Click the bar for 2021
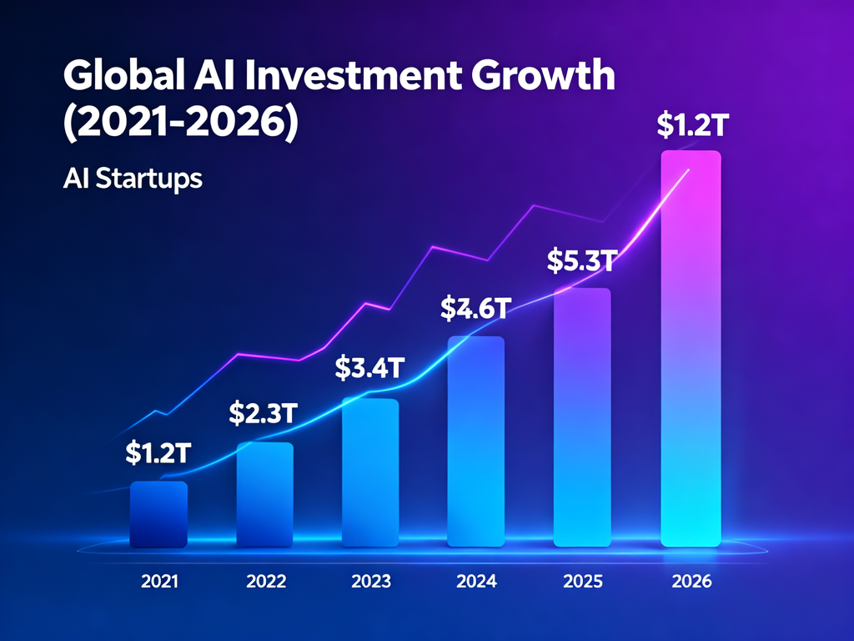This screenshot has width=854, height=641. (x=158, y=514)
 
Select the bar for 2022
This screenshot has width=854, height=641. (x=264, y=495)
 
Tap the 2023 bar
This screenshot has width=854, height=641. (x=370, y=472)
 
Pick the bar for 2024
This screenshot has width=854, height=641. (x=476, y=442)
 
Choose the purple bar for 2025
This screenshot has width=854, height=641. (x=582, y=417)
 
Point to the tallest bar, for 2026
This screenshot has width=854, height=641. (x=691, y=349)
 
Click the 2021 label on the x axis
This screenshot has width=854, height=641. (x=159, y=582)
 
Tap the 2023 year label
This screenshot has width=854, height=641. (x=371, y=582)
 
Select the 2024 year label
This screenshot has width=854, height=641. (x=477, y=582)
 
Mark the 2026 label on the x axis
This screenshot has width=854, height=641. (x=691, y=582)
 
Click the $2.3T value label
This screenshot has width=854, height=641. (x=264, y=412)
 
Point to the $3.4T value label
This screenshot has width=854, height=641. (x=369, y=367)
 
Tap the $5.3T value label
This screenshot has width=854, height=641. (x=581, y=261)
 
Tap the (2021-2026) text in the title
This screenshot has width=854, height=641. (x=179, y=122)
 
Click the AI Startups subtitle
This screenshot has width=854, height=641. (x=133, y=179)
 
